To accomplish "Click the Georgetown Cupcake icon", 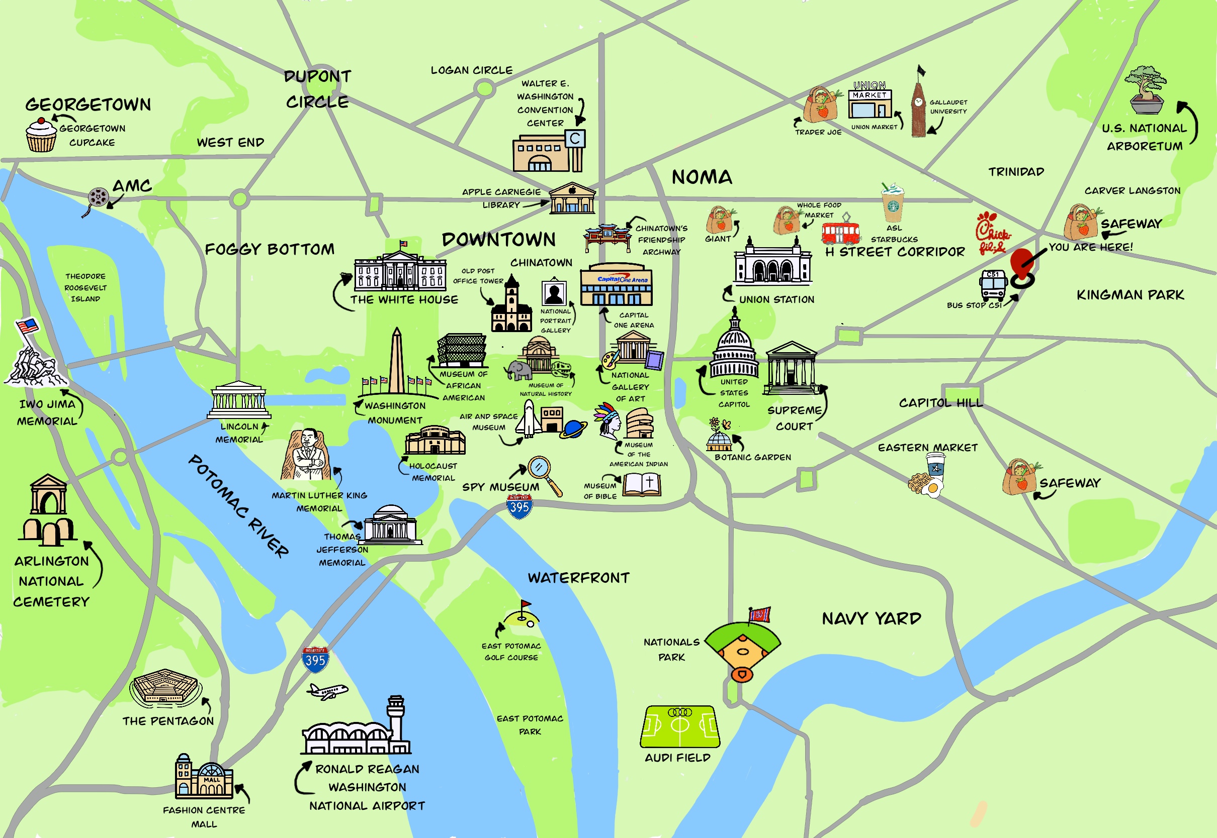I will point(41,136).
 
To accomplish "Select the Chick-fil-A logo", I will point(992,233).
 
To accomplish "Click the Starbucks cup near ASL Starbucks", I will point(893,202).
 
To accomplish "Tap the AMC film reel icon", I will point(98,198).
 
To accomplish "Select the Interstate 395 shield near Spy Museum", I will point(519,507).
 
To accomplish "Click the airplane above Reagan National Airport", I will point(327,691).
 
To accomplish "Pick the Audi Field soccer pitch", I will point(679,726).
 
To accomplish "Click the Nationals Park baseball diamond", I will point(742,649).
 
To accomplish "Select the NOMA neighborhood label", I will point(702,177).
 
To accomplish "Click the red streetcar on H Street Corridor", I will point(841,233).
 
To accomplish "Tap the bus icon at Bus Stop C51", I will point(993,285).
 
